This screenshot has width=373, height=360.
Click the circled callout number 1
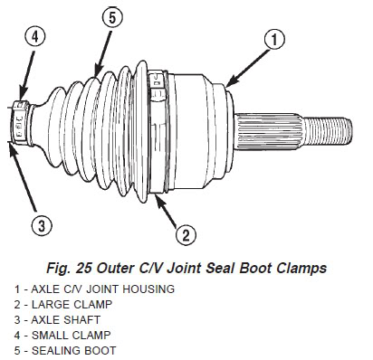click(274, 40)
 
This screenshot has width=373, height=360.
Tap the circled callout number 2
click(186, 235)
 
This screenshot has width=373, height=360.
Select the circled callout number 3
click(42, 225)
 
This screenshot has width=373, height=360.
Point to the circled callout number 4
click(35, 38)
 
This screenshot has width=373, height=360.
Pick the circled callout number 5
click(112, 17)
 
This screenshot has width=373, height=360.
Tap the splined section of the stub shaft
click(269, 131)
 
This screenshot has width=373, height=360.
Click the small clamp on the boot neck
click(20, 123)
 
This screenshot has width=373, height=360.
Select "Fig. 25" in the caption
click(69, 268)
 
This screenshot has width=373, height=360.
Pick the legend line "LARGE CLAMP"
click(72, 304)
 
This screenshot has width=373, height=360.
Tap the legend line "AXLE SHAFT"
click(66, 319)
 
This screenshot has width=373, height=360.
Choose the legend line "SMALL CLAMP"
click(72, 335)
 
